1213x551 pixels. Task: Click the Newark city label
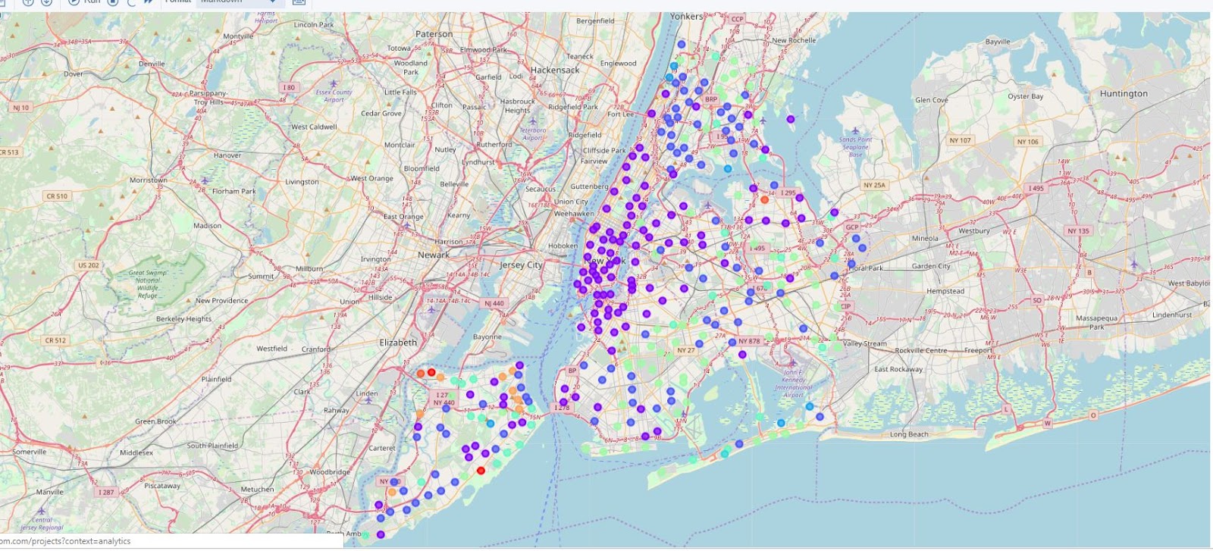pos(434,255)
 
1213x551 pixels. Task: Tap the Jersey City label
pos(521,265)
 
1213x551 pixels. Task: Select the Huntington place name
pos(1123,94)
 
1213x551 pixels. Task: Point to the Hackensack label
pos(554,70)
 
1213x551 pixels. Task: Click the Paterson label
pos(434,34)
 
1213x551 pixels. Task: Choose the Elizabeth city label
pos(398,343)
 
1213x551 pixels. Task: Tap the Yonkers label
pos(686,17)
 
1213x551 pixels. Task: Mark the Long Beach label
pos(908,434)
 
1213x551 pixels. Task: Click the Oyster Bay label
pos(1025,96)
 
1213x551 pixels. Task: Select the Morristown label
pos(148,180)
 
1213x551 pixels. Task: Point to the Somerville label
pos(29,452)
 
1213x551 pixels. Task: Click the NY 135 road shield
pos(1077,231)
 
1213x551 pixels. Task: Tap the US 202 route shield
pos(88,265)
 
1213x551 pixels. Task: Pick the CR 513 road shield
pos(9,152)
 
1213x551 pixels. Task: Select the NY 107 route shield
pos(960,140)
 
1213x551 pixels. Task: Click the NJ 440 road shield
pos(494,303)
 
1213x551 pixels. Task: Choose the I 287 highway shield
pos(105,492)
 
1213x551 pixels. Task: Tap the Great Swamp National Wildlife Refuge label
pos(148,283)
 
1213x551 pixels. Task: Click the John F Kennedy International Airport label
pos(792,384)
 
